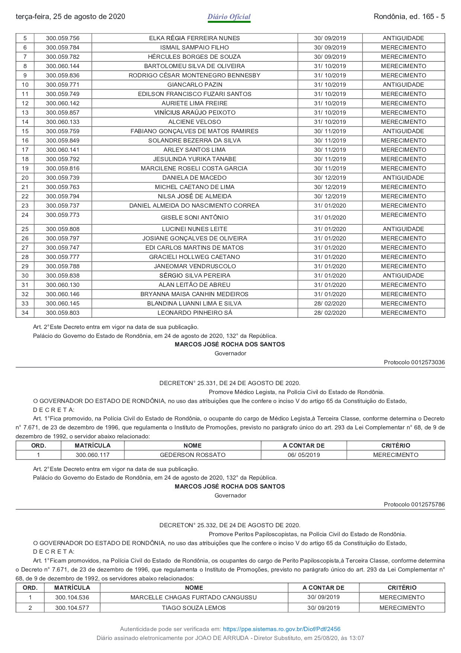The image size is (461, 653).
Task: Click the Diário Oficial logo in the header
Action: (x=229, y=17)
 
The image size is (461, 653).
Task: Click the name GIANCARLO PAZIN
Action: (x=194, y=85)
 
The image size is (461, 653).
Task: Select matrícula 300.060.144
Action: (x=62, y=66)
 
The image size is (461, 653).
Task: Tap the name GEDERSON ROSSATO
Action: (x=193, y=455)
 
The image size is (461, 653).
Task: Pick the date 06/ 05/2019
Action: (x=304, y=455)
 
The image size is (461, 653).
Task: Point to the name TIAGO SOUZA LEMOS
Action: (x=194, y=608)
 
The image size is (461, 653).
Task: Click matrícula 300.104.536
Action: (x=72, y=597)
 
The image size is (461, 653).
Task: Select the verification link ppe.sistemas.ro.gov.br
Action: (x=281, y=629)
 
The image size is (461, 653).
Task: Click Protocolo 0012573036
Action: (x=414, y=362)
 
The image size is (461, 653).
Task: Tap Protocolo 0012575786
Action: (x=414, y=504)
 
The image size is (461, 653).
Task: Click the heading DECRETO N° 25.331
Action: (x=230, y=383)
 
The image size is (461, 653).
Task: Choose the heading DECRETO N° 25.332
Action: (x=230, y=525)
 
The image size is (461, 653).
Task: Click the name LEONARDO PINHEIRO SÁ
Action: (x=194, y=313)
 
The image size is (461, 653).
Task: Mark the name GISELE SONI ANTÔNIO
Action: (x=194, y=217)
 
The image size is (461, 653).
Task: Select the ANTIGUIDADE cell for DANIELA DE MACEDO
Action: (x=403, y=178)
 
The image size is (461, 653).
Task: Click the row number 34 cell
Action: (x=25, y=313)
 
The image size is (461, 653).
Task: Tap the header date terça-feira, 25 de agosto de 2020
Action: (x=71, y=17)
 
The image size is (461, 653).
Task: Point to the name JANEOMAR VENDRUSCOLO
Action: (x=194, y=266)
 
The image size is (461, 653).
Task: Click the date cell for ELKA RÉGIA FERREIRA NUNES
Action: (x=330, y=38)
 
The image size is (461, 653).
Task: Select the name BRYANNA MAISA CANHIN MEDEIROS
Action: (x=194, y=294)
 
